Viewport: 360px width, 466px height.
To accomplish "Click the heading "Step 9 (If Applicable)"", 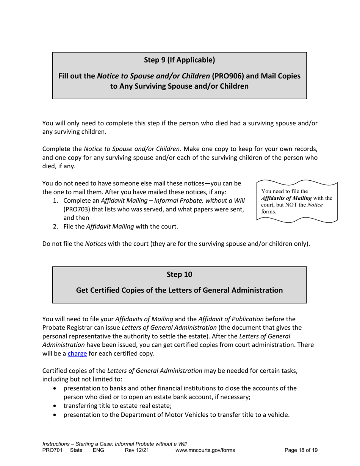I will [x=179, y=60].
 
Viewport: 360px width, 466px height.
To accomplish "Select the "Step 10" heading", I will [x=179, y=274].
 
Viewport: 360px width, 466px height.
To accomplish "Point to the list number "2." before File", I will [x=55, y=227].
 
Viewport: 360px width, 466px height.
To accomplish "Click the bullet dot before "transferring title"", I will [x=56, y=406].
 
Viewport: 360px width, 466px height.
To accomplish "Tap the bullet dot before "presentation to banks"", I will [x=56, y=388].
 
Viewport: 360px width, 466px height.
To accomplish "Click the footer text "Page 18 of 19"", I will [x=301, y=450].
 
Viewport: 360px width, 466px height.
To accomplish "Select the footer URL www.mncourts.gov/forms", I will [x=205, y=450].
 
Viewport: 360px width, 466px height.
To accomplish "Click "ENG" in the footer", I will [x=99, y=450].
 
